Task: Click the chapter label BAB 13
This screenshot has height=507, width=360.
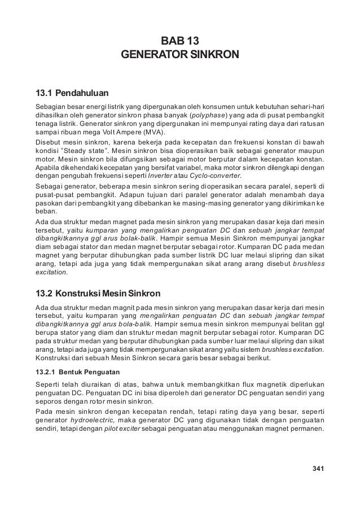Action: coord(180,41)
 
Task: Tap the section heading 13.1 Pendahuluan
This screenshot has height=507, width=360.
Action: coord(73,92)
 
